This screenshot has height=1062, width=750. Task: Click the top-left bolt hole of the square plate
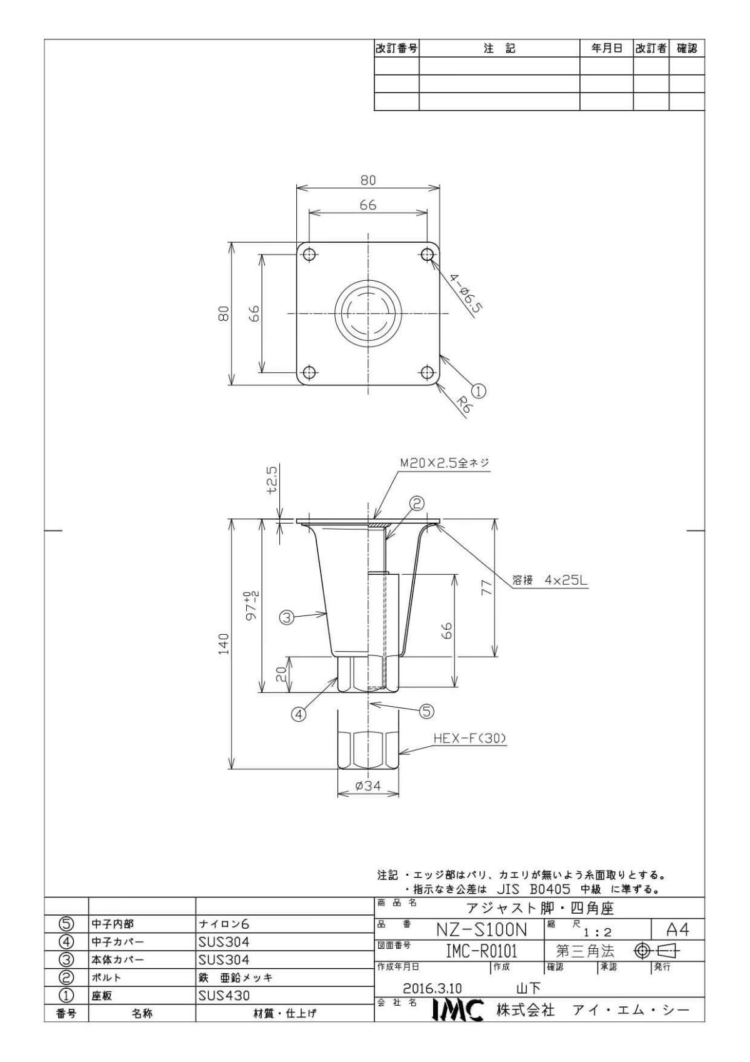tap(309, 255)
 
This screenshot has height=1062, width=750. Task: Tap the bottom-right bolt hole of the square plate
tap(427, 372)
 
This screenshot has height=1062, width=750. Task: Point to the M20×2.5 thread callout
tap(444, 463)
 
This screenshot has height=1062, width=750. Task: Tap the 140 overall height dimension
tap(224, 644)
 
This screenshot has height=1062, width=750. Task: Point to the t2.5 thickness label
tap(272, 481)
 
